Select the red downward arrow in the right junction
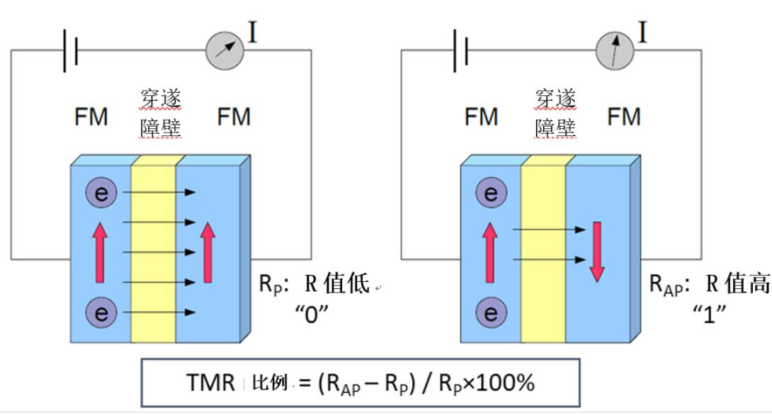(596, 251)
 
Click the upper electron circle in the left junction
(102, 193)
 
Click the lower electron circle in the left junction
(102, 312)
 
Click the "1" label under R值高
(710, 312)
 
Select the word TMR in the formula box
(209, 383)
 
